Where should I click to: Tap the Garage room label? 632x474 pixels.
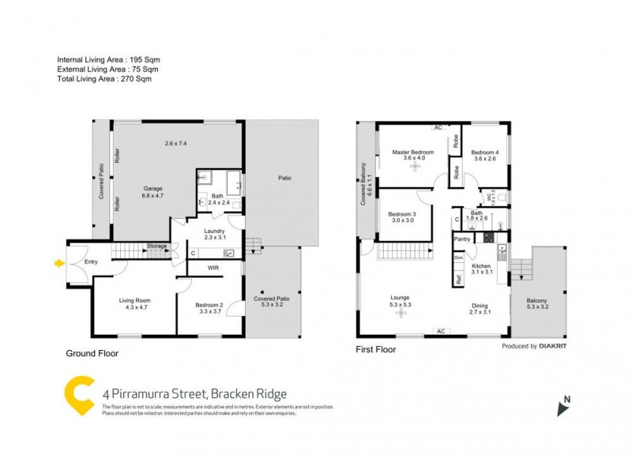pyautogui.click(x=152, y=189)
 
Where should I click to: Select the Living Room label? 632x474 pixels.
pyautogui.click(x=135, y=300)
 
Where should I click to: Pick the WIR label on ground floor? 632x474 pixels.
pyautogui.click(x=213, y=268)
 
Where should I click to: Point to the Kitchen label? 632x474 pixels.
pyautogui.click(x=482, y=267)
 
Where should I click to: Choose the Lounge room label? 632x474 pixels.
pyautogui.click(x=400, y=298)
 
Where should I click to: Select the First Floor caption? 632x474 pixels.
pyautogui.click(x=376, y=348)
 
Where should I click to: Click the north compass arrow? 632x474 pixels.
pyautogui.click(x=563, y=408)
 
